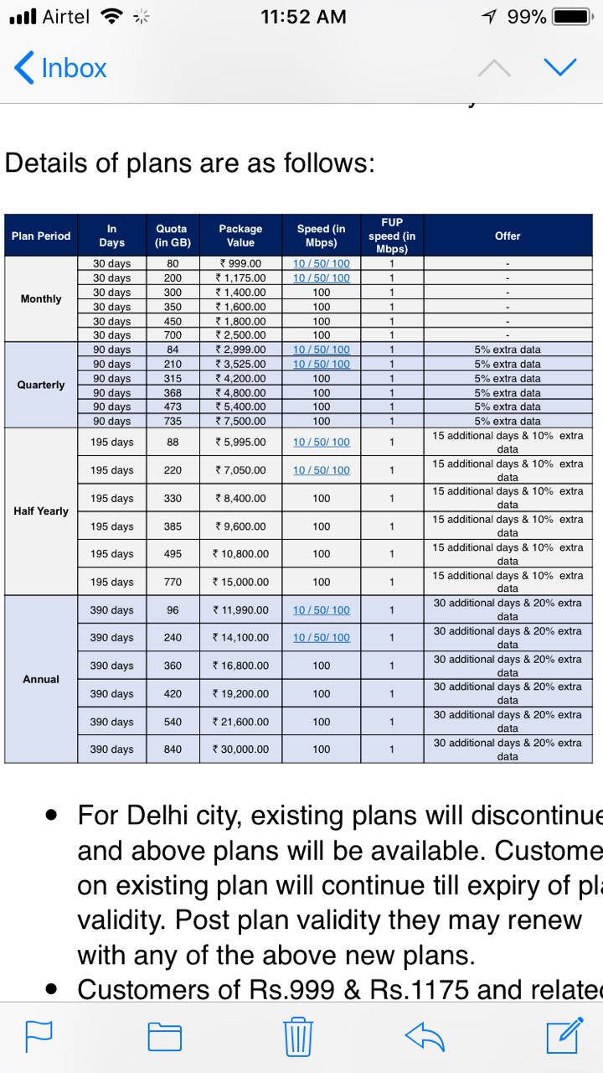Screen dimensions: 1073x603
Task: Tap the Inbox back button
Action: (60, 68)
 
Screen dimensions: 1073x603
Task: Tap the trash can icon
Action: (298, 1036)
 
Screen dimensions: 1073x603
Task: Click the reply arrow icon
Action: (424, 1036)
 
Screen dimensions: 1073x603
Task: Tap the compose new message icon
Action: (564, 1035)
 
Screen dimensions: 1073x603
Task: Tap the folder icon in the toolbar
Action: (165, 1037)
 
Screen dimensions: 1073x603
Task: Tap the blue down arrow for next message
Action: (560, 67)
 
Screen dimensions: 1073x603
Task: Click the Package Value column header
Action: (240, 236)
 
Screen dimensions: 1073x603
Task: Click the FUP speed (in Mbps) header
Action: (391, 236)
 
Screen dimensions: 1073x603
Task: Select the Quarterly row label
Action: (41, 385)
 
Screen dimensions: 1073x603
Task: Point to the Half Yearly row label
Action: (41, 511)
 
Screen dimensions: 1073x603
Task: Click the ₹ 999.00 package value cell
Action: (240, 263)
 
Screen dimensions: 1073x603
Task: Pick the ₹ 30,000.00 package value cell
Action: (241, 749)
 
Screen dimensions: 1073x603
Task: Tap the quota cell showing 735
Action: (173, 421)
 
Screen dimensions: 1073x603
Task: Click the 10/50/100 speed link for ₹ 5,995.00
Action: (322, 442)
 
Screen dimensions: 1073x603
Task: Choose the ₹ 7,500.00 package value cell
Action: (240, 421)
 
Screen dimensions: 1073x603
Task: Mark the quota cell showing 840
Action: (173, 749)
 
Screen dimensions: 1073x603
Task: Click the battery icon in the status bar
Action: (573, 17)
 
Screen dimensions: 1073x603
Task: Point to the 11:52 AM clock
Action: (303, 17)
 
